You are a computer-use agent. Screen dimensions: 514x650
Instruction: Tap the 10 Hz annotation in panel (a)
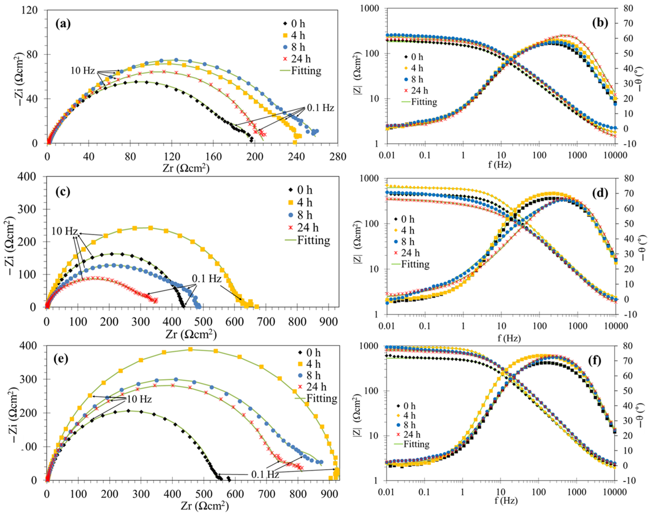83,71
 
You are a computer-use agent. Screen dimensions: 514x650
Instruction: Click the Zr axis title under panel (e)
205,506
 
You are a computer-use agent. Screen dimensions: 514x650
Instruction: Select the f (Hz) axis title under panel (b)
500,164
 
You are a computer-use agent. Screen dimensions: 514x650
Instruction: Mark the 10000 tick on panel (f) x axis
615,492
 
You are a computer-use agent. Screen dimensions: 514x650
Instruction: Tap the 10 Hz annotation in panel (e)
139,399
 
